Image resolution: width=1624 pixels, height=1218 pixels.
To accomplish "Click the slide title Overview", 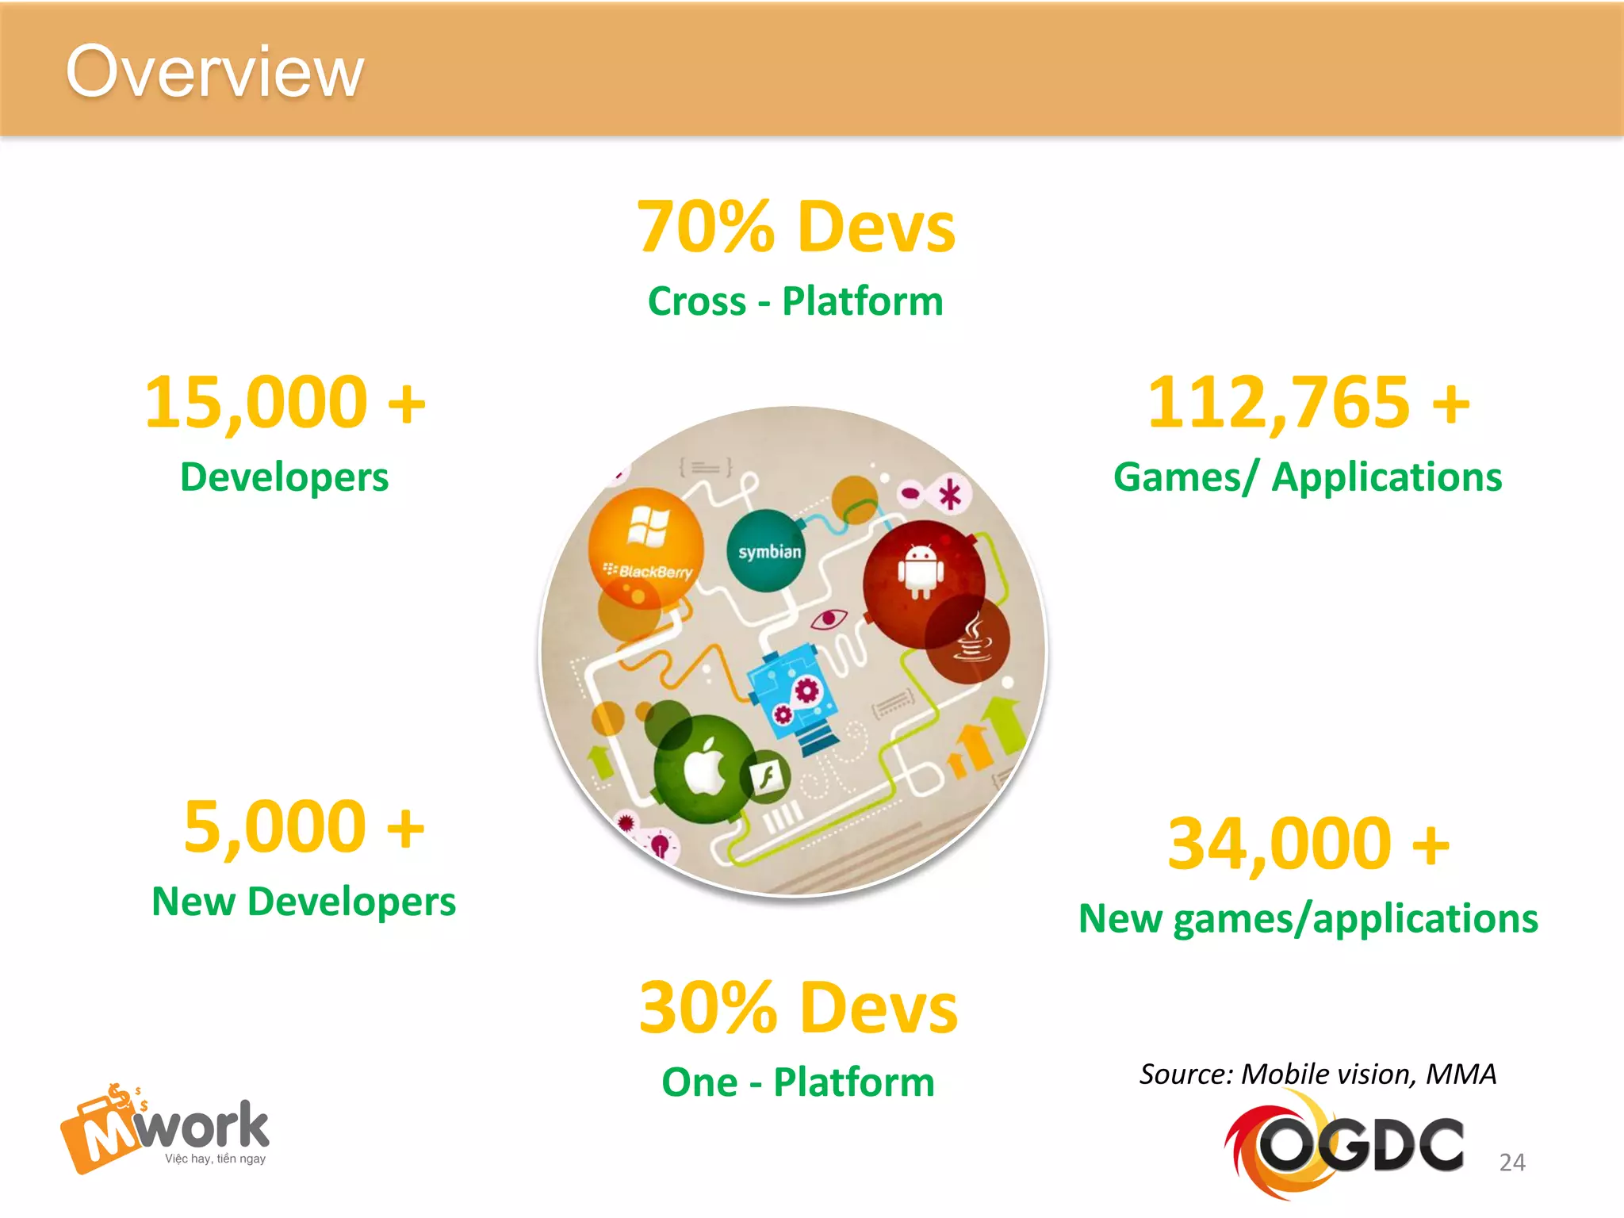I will click(214, 73).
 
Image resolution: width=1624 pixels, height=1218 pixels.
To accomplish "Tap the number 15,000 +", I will click(285, 403).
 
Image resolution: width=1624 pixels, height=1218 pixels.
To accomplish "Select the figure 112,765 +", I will click(1308, 403).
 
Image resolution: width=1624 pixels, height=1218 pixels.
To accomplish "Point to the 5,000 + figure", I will click(304, 827).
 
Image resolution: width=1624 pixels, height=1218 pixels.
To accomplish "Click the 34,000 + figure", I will click(1308, 844).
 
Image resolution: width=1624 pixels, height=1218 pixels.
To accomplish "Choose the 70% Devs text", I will click(796, 228).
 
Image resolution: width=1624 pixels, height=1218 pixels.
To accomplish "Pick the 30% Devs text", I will click(799, 1008).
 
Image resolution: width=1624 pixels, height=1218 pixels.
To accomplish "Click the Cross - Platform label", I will click(795, 302).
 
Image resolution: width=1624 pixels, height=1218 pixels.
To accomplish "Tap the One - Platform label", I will click(798, 1082).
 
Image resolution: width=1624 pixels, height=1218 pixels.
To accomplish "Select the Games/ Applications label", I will click(1308, 477).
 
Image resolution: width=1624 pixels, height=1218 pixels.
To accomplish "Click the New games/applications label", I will click(1308, 919).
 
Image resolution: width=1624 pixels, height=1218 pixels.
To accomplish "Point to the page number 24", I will click(1511, 1162).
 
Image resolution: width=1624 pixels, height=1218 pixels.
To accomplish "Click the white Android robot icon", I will click(920, 571).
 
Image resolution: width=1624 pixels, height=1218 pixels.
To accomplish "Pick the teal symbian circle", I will click(766, 551).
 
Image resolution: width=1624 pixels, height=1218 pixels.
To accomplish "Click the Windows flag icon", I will click(648, 526).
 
